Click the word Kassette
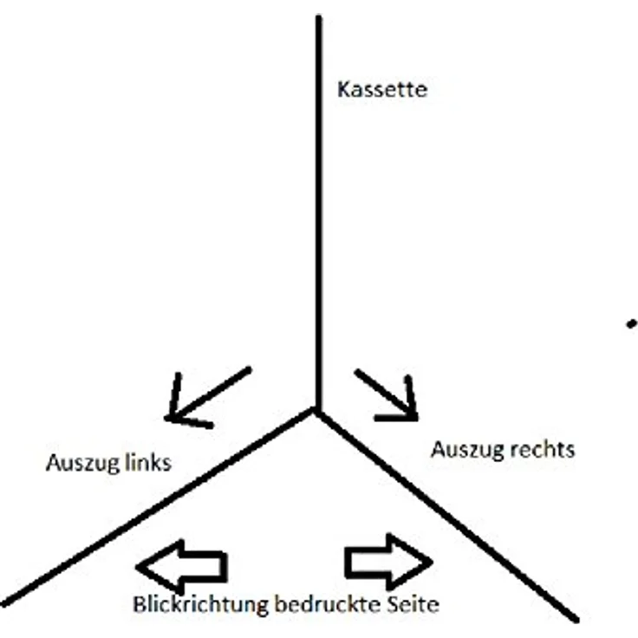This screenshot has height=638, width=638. click(x=382, y=89)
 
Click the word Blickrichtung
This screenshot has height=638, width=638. click(x=201, y=605)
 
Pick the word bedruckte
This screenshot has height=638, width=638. click(x=328, y=604)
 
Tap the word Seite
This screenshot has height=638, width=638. click(x=413, y=604)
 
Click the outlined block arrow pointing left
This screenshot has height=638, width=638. click(x=181, y=567)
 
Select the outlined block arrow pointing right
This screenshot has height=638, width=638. click(x=388, y=562)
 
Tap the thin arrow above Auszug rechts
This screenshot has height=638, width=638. click(x=387, y=394)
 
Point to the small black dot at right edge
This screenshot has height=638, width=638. click(x=631, y=324)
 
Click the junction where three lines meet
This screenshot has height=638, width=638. click(x=317, y=411)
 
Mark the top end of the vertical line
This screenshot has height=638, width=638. click(x=319, y=17)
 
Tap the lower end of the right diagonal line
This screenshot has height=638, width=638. click(x=575, y=619)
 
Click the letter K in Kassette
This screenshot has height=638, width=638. click(x=344, y=89)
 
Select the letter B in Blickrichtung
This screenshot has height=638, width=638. click(x=140, y=605)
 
